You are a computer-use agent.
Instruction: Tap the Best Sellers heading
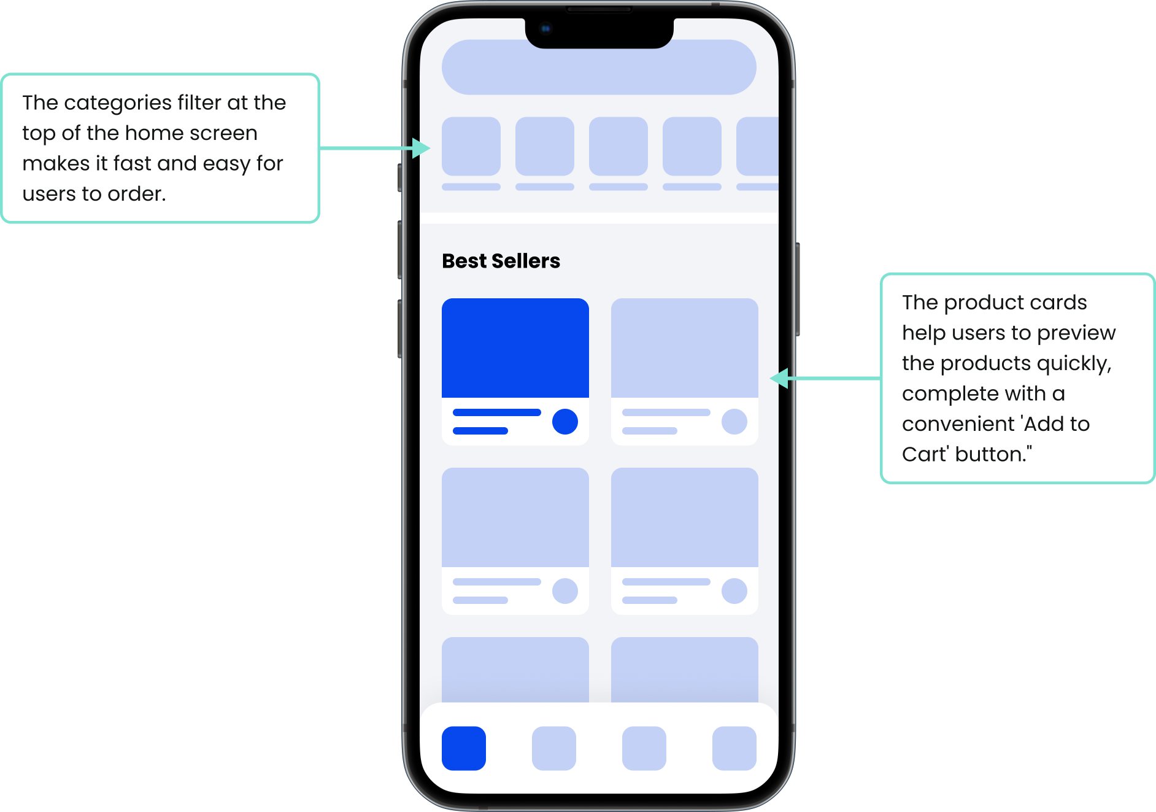click(501, 261)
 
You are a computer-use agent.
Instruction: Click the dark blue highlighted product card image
click(515, 347)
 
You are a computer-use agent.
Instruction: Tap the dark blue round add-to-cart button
click(565, 422)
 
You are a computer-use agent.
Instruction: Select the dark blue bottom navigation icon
click(463, 748)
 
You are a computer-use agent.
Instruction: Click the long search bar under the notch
click(598, 68)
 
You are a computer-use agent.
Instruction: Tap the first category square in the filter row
click(471, 146)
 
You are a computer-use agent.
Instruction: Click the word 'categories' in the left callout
click(118, 102)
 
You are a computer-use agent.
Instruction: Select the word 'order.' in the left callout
click(136, 194)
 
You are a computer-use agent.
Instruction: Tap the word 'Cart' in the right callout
click(925, 454)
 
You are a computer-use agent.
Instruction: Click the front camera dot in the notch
click(545, 28)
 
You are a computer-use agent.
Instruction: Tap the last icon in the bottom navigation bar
click(734, 748)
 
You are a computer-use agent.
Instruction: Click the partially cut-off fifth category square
click(758, 146)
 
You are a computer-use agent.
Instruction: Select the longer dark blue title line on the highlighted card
click(496, 412)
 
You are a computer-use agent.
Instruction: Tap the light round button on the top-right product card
click(734, 422)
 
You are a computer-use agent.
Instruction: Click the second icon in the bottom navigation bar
click(553, 748)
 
